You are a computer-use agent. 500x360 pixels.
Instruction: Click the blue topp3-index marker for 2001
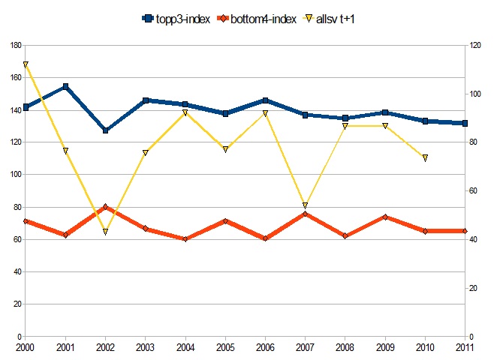(x=65, y=87)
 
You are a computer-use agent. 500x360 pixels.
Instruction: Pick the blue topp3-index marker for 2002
(x=106, y=130)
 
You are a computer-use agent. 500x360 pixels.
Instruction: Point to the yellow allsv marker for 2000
(x=26, y=64)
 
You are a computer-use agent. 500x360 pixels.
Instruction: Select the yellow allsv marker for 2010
(x=425, y=158)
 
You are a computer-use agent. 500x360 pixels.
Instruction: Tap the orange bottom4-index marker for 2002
(x=106, y=207)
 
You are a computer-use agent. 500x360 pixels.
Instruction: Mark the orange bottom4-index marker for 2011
(x=465, y=231)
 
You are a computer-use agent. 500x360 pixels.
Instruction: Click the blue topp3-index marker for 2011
(x=465, y=123)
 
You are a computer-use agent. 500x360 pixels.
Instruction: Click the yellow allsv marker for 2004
(x=185, y=112)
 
